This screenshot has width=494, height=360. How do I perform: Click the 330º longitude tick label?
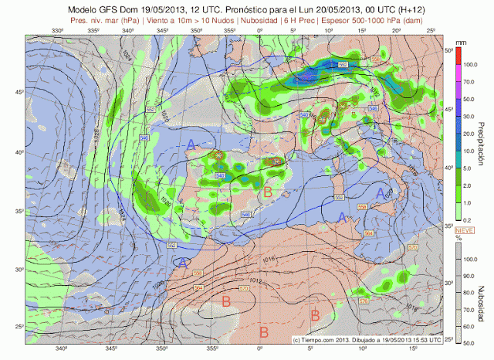click(x=56, y=31)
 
